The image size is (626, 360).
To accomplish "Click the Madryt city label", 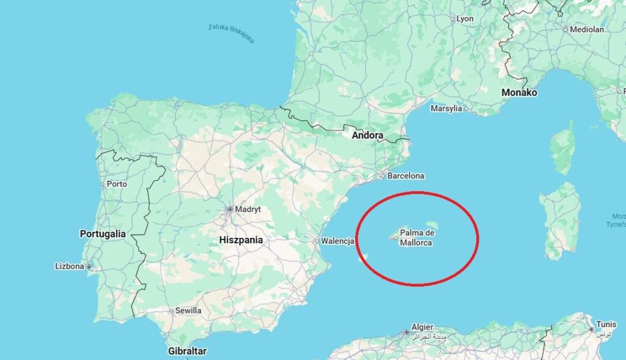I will coord(248,209).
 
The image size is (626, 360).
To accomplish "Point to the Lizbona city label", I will coord(69,266).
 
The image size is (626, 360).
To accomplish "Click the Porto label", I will coord(117,183).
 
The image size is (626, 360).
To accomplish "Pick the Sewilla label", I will coord(188,310).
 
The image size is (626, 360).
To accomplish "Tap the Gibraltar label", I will coord(187,351).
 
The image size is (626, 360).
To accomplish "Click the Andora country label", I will coord(367,135).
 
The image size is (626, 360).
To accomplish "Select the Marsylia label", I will coord(446,109).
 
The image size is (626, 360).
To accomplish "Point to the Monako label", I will coord(519,93).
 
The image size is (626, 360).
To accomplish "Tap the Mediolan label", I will coord(586,29).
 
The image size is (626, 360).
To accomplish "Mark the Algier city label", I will coord(422,327).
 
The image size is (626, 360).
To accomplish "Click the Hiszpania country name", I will coord(241,240).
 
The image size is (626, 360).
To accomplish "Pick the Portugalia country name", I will coord(103,233).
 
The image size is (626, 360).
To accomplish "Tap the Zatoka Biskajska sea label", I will coord(230,33).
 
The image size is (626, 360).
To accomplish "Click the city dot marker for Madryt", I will coord(230,209).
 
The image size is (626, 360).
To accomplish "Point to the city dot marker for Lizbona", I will coord(89,267).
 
